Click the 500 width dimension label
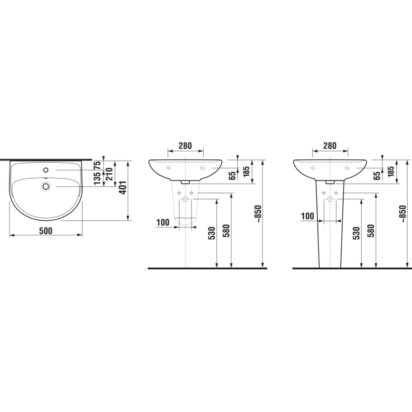(46, 231)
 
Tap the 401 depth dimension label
(123, 187)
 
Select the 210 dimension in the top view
(109, 174)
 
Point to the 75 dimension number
(97, 165)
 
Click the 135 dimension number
(97, 178)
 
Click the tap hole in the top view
(46, 170)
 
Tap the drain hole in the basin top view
(46, 186)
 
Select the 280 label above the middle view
(185, 146)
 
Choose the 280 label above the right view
(330, 146)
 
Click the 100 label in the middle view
(163, 223)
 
